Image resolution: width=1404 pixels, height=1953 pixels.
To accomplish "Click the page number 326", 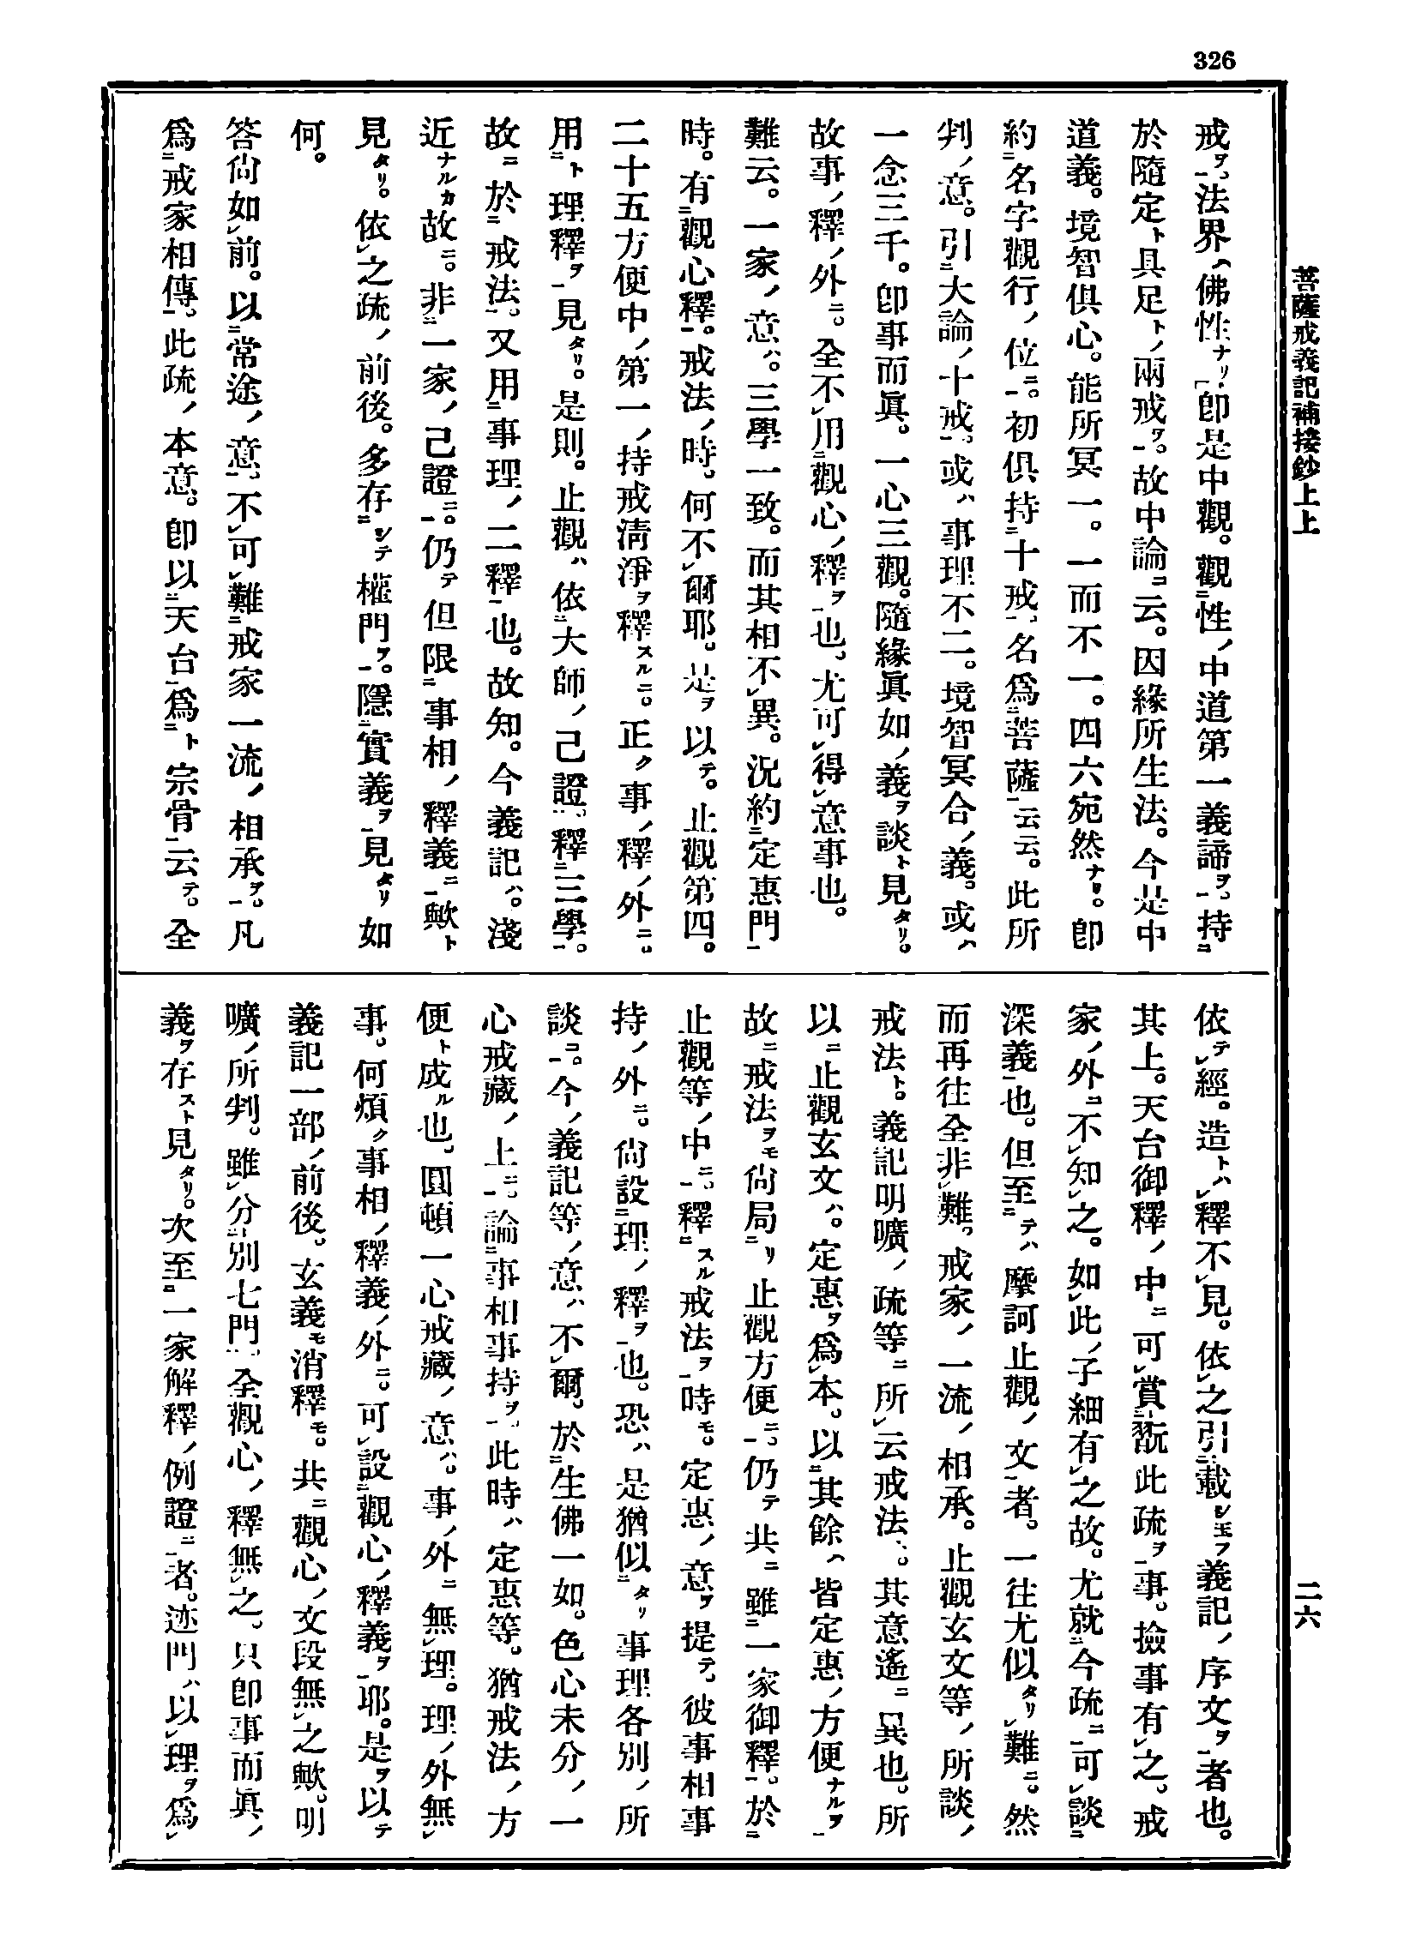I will point(1214,60).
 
